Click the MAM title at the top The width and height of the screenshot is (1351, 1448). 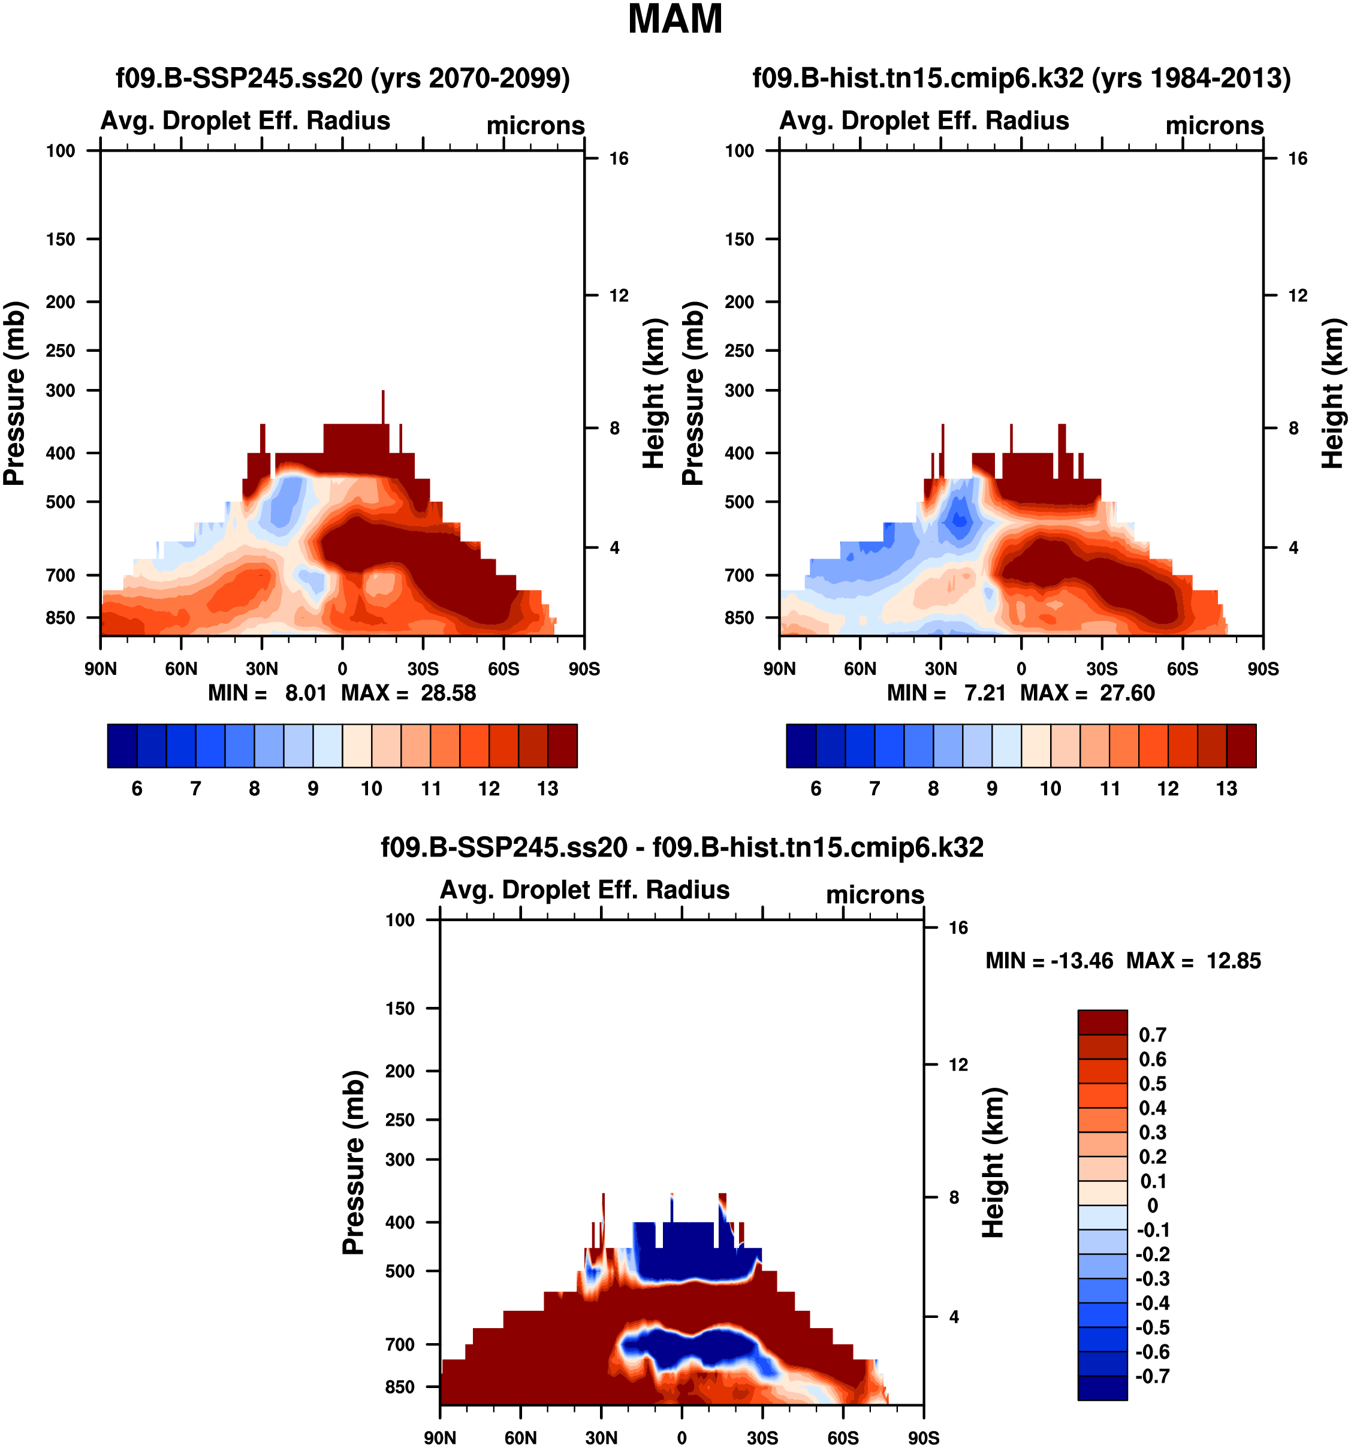pos(674,20)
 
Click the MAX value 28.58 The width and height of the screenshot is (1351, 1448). pos(448,693)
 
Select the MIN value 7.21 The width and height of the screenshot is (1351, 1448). pos(985,693)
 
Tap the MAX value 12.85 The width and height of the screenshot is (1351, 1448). pos(1233,961)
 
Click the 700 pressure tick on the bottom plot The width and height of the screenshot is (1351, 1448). pos(400,1344)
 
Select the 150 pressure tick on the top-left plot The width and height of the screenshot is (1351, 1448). pos(61,240)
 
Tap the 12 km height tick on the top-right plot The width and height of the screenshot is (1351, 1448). pos(1297,295)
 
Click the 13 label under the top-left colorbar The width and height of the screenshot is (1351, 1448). pos(547,789)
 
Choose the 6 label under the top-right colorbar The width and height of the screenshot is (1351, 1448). pos(816,789)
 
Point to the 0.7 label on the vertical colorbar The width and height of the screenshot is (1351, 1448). pos(1152,1035)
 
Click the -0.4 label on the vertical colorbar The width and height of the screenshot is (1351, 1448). pos(1152,1303)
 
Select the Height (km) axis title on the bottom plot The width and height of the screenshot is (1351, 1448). pos(993,1163)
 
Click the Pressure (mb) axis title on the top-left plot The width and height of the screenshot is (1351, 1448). pos(14,393)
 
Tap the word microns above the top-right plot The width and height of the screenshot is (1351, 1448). pos(1214,125)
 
